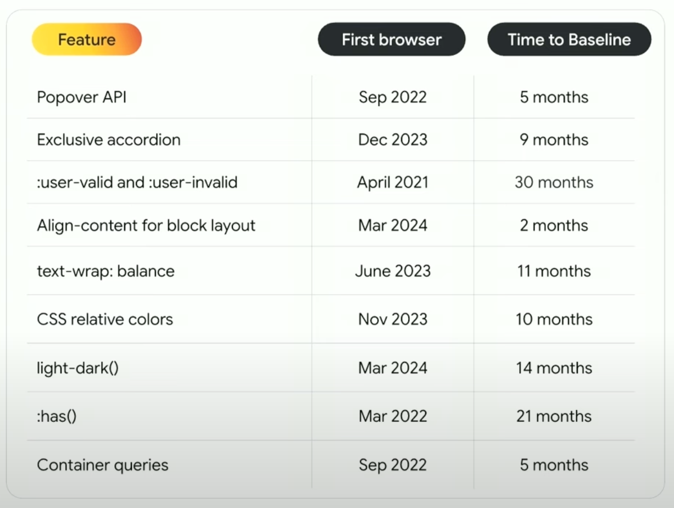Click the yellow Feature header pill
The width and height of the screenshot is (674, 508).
point(87,40)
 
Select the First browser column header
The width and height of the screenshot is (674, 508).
point(392,40)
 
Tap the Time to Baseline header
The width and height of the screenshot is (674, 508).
point(569,40)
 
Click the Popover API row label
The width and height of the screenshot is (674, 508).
point(82,97)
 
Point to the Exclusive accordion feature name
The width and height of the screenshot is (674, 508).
point(109,139)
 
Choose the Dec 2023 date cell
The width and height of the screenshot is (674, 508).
point(393,139)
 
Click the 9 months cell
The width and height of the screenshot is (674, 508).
point(554,139)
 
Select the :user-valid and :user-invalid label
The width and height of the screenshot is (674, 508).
point(137,182)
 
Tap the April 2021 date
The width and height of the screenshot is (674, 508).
point(393,183)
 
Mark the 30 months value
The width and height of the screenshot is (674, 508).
point(554,182)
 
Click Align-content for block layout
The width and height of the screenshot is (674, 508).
point(146,226)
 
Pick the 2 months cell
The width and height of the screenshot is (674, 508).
point(554,226)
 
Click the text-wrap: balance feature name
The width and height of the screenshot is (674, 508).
point(106,271)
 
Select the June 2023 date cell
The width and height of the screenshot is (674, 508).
point(393,271)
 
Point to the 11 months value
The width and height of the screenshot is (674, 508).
point(554,271)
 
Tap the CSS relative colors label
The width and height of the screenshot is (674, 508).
point(105,319)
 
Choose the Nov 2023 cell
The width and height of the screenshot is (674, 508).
point(393,319)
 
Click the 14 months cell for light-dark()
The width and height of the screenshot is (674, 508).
point(554,368)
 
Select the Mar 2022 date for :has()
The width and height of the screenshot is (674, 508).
point(393,416)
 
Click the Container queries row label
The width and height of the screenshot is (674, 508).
point(103,465)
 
